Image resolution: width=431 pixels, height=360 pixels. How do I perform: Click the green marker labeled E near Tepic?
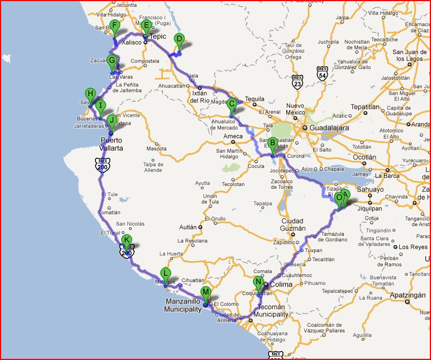146,26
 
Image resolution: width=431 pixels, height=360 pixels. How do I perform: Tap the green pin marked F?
114,26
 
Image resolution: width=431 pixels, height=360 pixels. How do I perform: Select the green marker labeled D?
179,40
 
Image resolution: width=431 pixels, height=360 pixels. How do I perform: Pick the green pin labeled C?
231,105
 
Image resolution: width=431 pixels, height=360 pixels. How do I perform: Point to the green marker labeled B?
272,144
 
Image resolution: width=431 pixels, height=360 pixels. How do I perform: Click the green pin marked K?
127,240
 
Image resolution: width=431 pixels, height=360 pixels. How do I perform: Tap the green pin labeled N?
258,283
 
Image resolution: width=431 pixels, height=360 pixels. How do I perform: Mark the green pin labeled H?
90,94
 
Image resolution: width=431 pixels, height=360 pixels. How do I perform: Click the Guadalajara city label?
329,128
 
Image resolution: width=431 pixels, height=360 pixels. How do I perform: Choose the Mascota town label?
157,149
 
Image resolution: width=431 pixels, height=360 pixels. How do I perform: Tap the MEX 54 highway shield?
322,73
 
